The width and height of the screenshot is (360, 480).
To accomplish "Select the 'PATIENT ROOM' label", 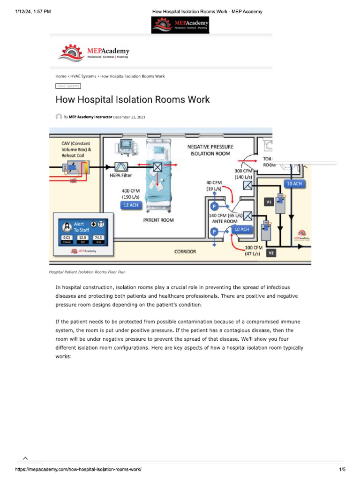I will click(x=158, y=220).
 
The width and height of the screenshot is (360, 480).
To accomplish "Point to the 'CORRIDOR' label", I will click(x=185, y=252).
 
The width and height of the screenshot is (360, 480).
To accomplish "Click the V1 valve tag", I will click(x=269, y=202).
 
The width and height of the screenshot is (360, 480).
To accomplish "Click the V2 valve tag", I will click(x=271, y=253).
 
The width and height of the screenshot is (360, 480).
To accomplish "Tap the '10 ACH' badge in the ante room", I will click(x=241, y=230).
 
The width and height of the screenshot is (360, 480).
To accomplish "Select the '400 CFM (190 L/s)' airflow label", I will click(x=132, y=194).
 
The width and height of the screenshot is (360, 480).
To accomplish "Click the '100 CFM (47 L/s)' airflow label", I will click(x=252, y=250).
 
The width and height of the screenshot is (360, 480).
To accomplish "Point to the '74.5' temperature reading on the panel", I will click(x=98, y=238).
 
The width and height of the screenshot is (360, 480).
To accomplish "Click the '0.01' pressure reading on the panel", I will click(x=66, y=238).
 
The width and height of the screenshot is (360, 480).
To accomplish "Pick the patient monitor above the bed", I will click(x=127, y=147).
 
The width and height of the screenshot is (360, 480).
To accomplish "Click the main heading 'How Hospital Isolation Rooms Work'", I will click(x=133, y=100).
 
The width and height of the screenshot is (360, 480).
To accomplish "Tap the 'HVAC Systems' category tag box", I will click(x=68, y=86).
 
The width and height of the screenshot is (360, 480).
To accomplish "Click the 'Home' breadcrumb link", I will click(x=60, y=76).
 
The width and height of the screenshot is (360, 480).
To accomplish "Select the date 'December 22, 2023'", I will click(x=129, y=117).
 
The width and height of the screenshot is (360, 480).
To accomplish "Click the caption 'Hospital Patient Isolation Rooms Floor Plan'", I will click(x=87, y=272).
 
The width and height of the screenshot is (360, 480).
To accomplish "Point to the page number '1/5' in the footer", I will click(x=342, y=469).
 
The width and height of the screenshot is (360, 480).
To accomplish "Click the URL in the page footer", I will click(x=78, y=469).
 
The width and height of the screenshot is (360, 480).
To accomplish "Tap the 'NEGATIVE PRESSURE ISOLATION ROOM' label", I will click(x=210, y=150).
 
